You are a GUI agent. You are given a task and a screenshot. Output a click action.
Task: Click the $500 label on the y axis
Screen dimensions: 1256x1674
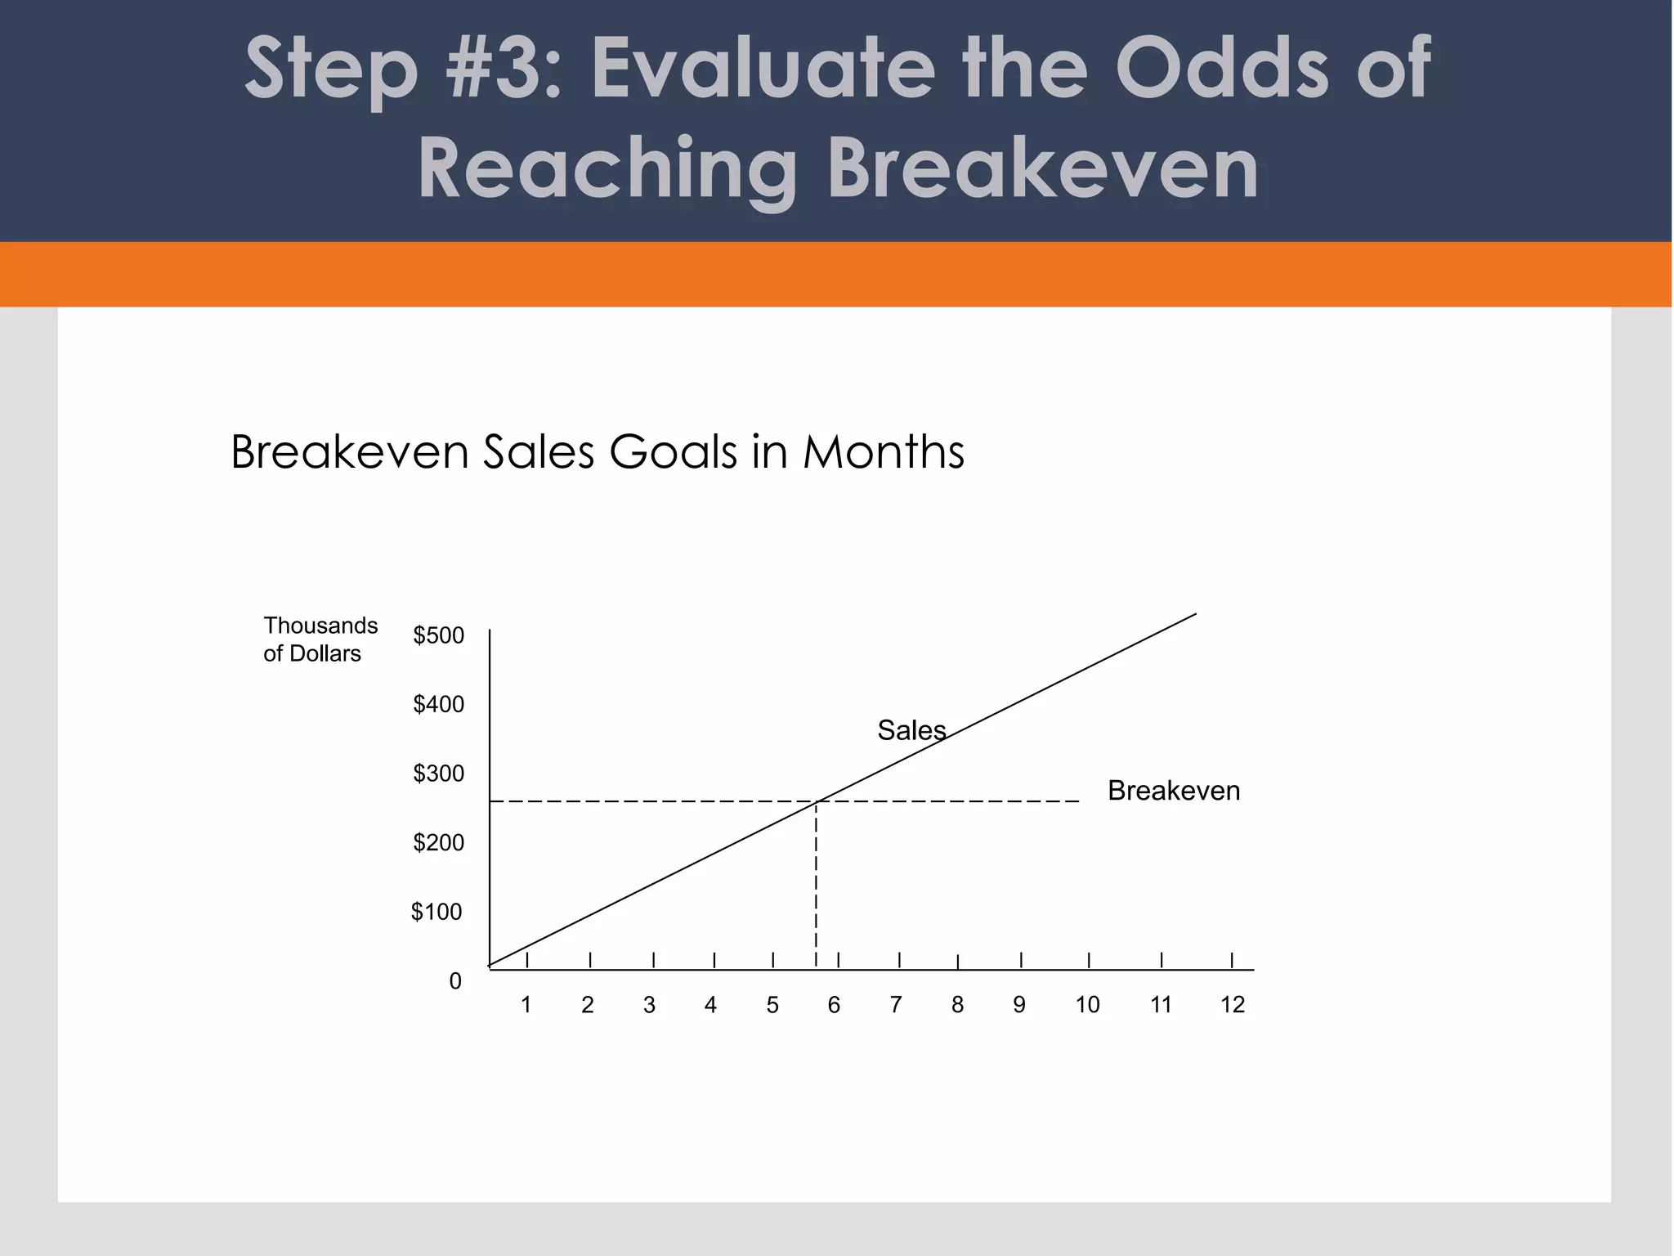pyautogui.click(x=438, y=635)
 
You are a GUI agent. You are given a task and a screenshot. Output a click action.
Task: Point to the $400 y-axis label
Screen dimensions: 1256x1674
pyautogui.click(x=438, y=704)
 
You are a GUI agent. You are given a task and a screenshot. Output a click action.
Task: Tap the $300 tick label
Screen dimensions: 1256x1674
pyautogui.click(x=438, y=774)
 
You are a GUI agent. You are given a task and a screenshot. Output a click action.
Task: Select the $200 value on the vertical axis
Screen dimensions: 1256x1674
pyautogui.click(x=438, y=842)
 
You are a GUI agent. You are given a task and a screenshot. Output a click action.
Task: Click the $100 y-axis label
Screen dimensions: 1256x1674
pyautogui.click(x=436, y=912)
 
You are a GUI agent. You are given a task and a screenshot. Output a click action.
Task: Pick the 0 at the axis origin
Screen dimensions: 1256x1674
pyautogui.click(x=455, y=981)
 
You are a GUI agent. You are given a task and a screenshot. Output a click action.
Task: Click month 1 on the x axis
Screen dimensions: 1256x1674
pyautogui.click(x=526, y=1005)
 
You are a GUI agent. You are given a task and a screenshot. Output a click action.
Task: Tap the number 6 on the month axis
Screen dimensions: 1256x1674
pyautogui.click(x=834, y=1005)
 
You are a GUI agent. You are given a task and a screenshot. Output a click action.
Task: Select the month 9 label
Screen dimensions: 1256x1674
pyautogui.click(x=1019, y=1005)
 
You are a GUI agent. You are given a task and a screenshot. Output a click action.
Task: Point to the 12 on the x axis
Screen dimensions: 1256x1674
pyautogui.click(x=1233, y=1005)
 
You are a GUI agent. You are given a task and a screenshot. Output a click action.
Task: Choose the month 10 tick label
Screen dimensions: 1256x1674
pyautogui.click(x=1087, y=1005)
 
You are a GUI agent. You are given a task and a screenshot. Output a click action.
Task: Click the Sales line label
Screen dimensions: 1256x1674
pyautogui.click(x=911, y=730)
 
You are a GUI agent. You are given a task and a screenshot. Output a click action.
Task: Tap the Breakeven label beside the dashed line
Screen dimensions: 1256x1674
pyautogui.click(x=1174, y=791)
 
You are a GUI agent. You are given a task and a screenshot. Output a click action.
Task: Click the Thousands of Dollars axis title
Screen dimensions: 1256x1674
pyautogui.click(x=320, y=639)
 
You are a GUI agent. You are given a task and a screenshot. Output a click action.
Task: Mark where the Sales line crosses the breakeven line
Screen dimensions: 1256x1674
pyautogui.click(x=817, y=801)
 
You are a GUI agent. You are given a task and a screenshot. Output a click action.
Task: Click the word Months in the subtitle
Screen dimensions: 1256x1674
pyautogui.click(x=884, y=451)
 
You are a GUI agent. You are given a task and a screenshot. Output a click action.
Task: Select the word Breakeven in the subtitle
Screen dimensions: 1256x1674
pyautogui.click(x=350, y=451)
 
